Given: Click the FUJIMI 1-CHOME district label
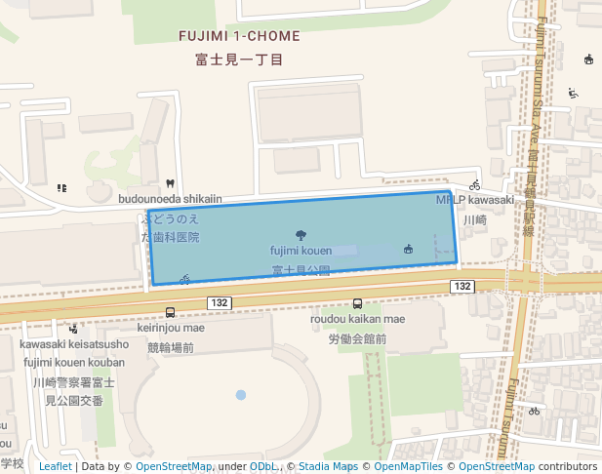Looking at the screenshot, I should coord(239,36).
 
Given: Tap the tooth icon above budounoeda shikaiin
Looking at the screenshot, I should coord(171,183).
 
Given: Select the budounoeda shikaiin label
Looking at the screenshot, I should coord(171,199).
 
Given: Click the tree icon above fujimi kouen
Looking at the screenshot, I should coord(301,234).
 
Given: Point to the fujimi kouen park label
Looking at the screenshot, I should coord(301,251).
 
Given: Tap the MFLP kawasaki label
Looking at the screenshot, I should coord(474,200).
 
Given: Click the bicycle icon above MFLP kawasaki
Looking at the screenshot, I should coord(474,184).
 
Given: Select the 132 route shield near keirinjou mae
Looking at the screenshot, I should coord(219,303).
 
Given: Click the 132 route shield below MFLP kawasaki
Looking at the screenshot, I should coord(462,286).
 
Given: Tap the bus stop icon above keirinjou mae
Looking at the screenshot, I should coord(171,313).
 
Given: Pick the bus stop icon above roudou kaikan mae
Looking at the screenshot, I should coord(357,303).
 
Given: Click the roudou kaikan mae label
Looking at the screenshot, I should coord(357,319).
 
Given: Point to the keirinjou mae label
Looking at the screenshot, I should coord(171,329).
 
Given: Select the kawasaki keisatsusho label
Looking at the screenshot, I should coord(74,344).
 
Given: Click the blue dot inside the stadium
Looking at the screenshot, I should coord(241,395).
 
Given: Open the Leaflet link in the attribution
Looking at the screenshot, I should coord(55,466).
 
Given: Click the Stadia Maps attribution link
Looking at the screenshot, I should coord(328,466).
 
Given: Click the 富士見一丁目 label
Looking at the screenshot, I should coord(239,59).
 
